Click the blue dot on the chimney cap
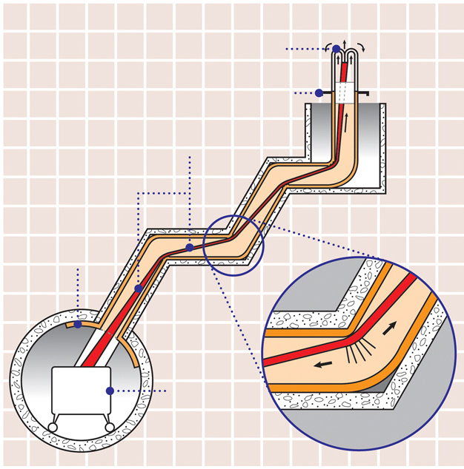click(336, 49)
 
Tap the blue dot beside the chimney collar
click(319, 93)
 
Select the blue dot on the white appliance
click(110, 391)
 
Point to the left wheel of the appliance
click(55, 427)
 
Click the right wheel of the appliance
click(109, 427)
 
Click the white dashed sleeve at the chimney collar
click(344, 92)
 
